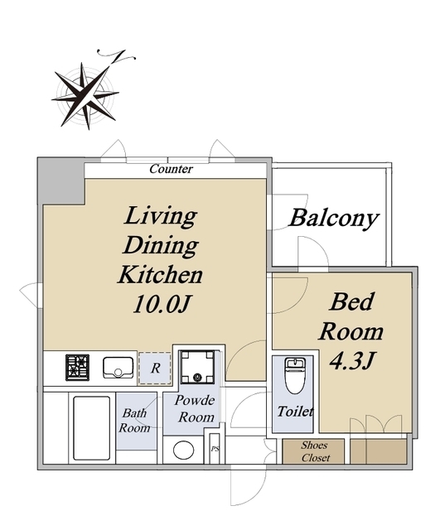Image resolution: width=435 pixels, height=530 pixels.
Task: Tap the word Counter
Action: pyautogui.click(x=172, y=169)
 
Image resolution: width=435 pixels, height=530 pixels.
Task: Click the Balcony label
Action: pyautogui.click(x=334, y=218)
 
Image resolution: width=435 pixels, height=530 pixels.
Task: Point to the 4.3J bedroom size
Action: pyautogui.click(x=351, y=361)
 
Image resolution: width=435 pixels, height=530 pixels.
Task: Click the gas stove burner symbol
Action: pyautogui.click(x=77, y=368)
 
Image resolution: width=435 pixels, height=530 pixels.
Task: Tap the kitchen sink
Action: pyautogui.click(x=118, y=368)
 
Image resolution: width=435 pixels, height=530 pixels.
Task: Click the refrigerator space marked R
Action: pyautogui.click(x=155, y=368)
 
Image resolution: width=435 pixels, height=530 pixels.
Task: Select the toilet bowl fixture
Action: pyautogui.click(x=295, y=376)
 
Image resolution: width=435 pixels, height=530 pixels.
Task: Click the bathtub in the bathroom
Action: pyautogui.click(x=92, y=428)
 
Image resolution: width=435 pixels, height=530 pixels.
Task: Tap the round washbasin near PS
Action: pyautogui.click(x=184, y=450)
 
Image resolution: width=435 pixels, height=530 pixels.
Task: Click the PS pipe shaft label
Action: pyautogui.click(x=215, y=449)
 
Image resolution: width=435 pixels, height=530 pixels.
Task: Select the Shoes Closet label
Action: pyautogui.click(x=315, y=451)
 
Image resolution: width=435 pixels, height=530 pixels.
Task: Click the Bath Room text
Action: pyautogui.click(x=134, y=421)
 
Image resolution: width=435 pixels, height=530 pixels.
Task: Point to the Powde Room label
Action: pyautogui.click(x=196, y=408)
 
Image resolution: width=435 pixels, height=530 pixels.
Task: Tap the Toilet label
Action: pyautogui.click(x=295, y=412)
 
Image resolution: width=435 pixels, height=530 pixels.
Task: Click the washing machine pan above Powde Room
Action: pyautogui.click(x=197, y=367)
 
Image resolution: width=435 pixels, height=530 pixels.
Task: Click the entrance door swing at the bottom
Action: pyautogui.click(x=249, y=487)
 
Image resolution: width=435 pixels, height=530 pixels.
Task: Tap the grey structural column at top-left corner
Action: pyautogui.click(x=61, y=181)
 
